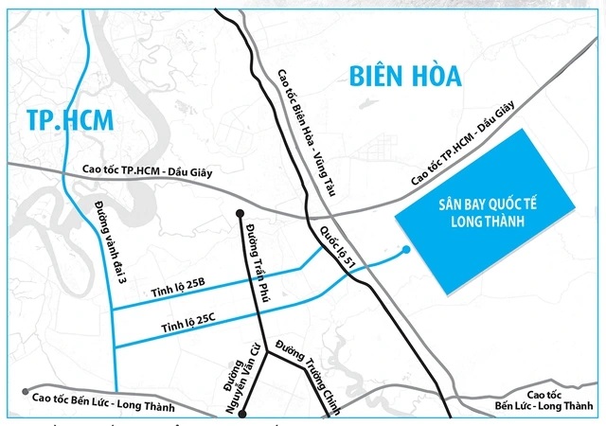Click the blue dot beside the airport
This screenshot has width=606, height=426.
coord(406,250)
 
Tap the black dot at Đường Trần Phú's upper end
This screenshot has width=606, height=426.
coord(241,213)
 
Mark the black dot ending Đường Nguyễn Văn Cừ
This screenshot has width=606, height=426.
coord(242,414)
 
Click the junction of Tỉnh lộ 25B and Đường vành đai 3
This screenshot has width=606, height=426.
coord(113,310)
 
